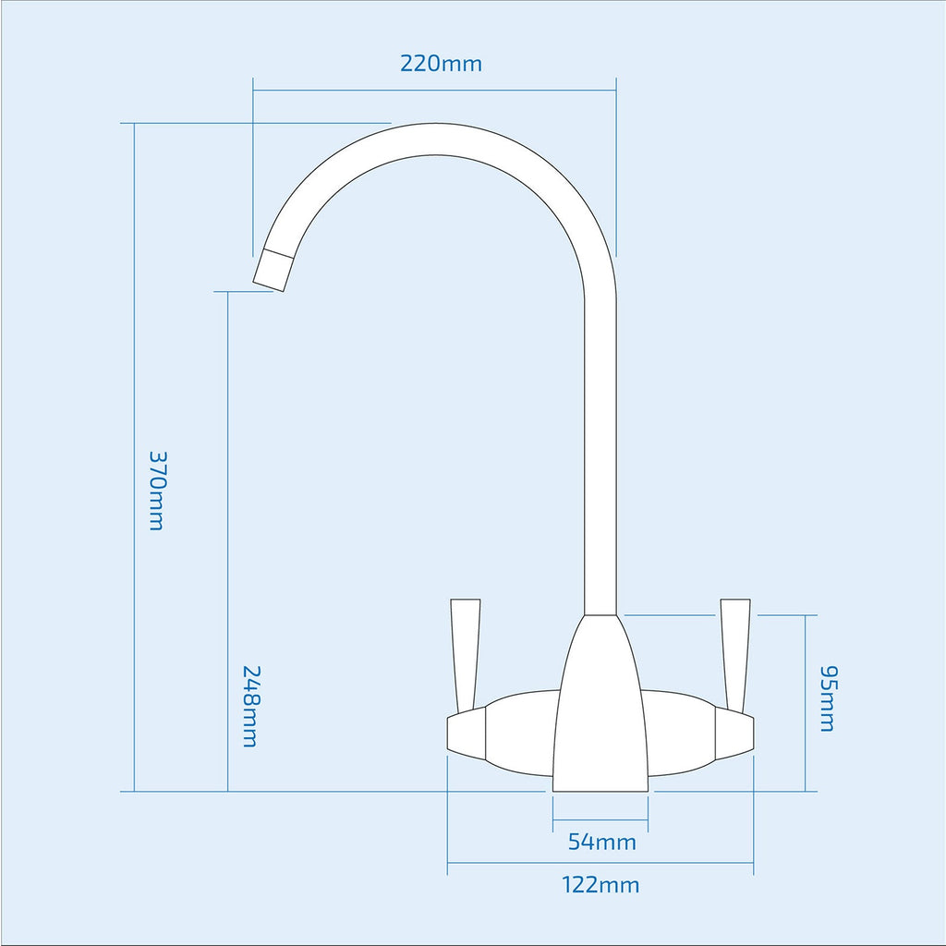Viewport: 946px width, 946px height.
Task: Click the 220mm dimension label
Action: pyautogui.click(x=441, y=64)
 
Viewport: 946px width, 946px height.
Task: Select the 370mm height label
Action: pyautogui.click(x=157, y=491)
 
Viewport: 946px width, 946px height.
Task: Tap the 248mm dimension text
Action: pyautogui.click(x=249, y=706)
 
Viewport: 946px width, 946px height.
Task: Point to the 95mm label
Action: pyautogui.click(x=827, y=698)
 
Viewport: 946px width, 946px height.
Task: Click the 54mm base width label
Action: pyautogui.click(x=602, y=842)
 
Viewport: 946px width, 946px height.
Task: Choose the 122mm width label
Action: pyautogui.click(x=600, y=885)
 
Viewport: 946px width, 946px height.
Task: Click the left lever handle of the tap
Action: pyautogui.click(x=466, y=656)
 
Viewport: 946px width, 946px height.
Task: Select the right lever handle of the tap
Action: pyautogui.click(x=735, y=656)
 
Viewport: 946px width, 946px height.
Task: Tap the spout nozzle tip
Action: pyautogui.click(x=273, y=270)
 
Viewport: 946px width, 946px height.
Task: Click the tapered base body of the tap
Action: pyautogui.click(x=600, y=703)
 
